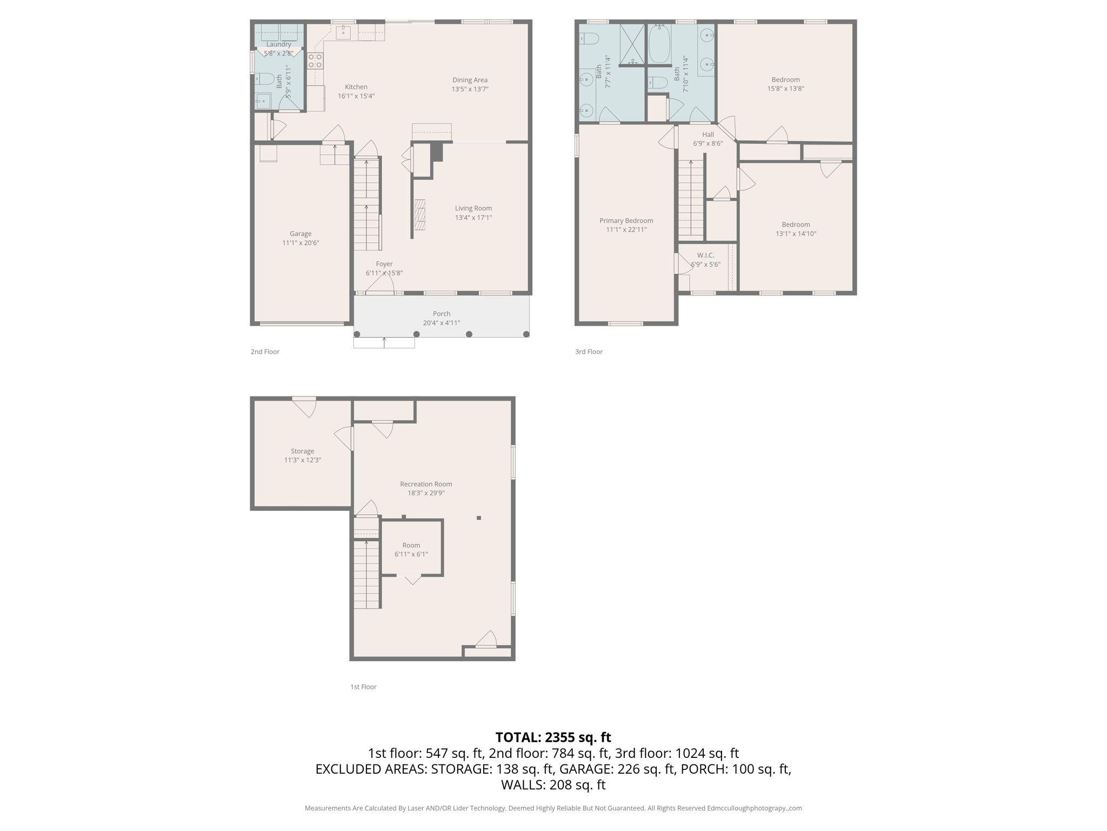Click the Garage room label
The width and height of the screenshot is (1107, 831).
(x=300, y=234)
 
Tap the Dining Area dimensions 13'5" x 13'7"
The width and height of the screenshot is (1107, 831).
(x=470, y=89)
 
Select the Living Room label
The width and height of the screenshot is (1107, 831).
(x=473, y=208)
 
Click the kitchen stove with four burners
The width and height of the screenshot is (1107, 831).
(x=315, y=61)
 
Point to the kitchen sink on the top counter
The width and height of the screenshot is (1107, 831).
(x=343, y=32)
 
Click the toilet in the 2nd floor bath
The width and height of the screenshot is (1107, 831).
(x=264, y=79)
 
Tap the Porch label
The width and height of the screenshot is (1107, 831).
(x=441, y=314)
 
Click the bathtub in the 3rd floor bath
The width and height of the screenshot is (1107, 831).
(x=659, y=44)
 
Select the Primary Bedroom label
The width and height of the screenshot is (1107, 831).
(x=626, y=221)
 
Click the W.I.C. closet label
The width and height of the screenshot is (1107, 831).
(x=705, y=255)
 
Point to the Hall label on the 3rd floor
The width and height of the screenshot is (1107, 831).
(x=708, y=135)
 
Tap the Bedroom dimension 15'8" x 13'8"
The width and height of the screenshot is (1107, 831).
(x=785, y=89)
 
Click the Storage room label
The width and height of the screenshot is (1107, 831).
(x=302, y=451)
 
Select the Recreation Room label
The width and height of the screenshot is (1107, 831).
(x=426, y=484)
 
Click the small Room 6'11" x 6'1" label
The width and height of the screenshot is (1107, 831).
(x=411, y=545)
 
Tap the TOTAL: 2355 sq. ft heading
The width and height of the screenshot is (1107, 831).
(x=553, y=737)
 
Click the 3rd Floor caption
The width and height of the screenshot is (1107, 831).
(x=589, y=352)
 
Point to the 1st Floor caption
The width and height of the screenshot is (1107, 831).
(x=363, y=687)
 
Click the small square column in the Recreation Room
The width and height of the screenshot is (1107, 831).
(x=478, y=518)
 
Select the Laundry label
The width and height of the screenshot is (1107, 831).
(x=278, y=44)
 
